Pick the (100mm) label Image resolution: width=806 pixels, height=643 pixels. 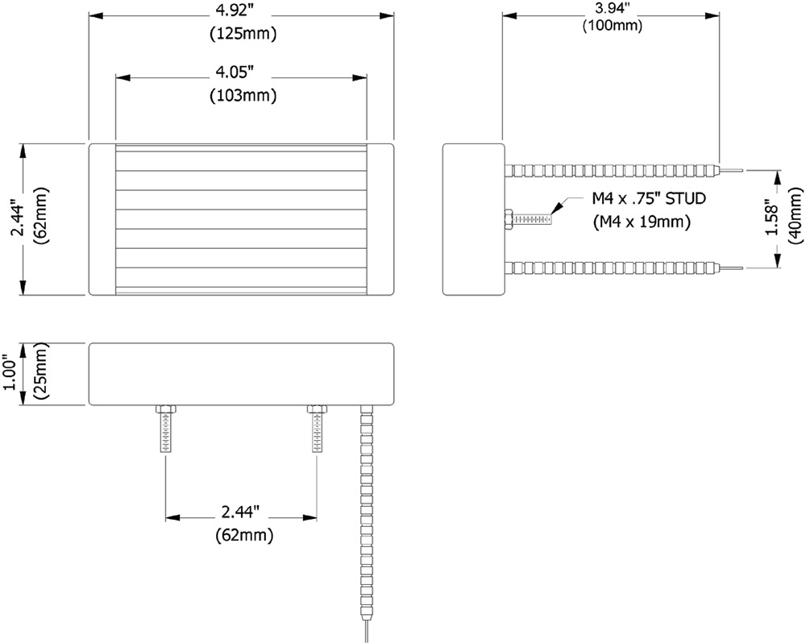click(612, 26)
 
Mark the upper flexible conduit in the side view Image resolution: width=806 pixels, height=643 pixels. click(613, 171)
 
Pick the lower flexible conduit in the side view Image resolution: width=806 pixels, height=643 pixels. click(613, 267)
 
